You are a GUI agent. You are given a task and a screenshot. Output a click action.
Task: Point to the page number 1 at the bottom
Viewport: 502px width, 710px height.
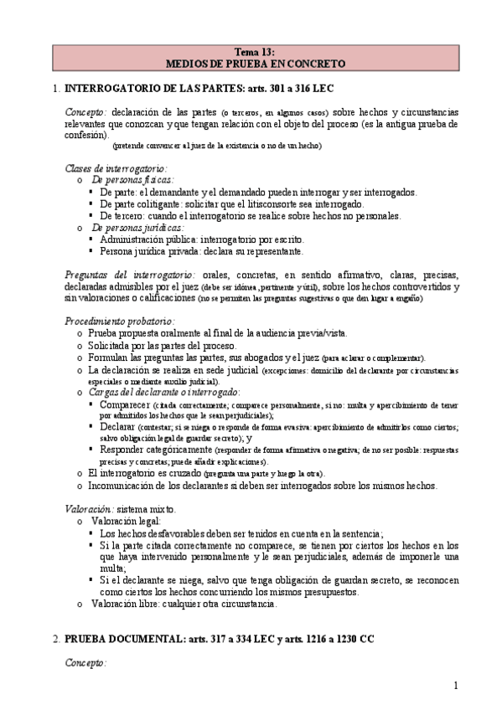click(x=456, y=686)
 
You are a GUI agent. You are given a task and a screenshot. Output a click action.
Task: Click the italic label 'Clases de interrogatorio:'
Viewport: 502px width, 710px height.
click(x=116, y=168)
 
